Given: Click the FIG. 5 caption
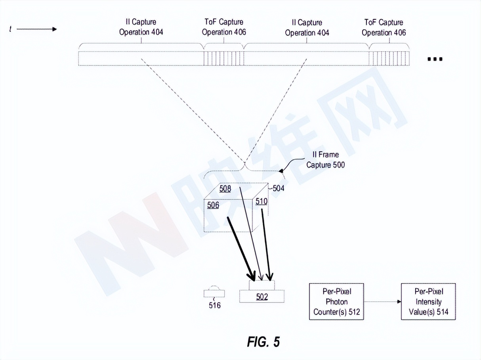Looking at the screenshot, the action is (263, 342).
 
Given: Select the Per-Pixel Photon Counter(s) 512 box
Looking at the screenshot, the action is (336, 301).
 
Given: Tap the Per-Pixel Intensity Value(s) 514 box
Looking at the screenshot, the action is (428, 301).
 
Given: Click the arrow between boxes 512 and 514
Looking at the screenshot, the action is (382, 302).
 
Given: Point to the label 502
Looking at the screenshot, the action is (262, 297).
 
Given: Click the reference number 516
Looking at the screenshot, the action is (214, 305).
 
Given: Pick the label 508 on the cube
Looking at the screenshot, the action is (225, 189).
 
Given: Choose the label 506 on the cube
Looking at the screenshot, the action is (213, 205).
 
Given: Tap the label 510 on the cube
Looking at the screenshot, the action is (261, 201).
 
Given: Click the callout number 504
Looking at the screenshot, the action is (278, 188).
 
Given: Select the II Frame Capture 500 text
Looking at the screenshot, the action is (325, 160).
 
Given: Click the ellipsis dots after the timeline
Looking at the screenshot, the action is (435, 59).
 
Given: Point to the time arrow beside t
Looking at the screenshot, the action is (36, 29).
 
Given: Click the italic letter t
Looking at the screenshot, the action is (10, 29).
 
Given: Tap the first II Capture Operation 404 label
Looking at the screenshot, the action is (141, 27).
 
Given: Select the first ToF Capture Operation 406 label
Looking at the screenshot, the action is (224, 27).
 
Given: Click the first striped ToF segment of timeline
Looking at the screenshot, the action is (223, 59).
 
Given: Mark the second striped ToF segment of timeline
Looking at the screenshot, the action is (389, 59).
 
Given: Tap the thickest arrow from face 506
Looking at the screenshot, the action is (241, 249).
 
